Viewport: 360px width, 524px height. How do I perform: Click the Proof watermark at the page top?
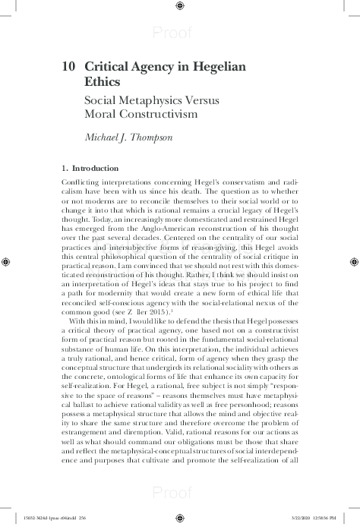pos(179,32)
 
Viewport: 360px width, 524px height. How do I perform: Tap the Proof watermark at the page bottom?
pos(179,493)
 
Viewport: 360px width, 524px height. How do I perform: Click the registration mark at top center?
pos(179,7)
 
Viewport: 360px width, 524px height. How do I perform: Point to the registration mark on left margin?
pos(7,261)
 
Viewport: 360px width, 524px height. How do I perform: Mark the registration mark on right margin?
pos(353,261)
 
